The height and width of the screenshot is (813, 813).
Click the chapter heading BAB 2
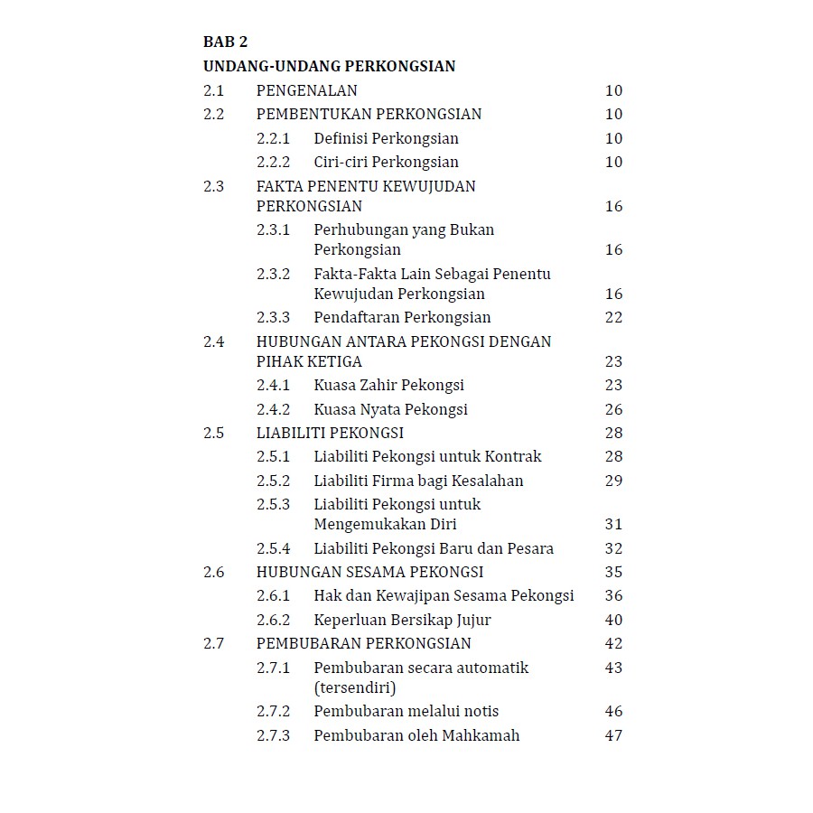click(225, 42)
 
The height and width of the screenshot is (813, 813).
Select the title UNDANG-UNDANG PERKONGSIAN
click(329, 66)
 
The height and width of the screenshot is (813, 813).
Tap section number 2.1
click(213, 90)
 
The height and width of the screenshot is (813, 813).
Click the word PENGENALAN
click(306, 90)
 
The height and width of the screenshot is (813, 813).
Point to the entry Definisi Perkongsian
click(386, 138)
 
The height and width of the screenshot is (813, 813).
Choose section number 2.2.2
click(273, 163)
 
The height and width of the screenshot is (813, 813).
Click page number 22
click(613, 318)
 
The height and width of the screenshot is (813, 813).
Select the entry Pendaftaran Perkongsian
click(402, 318)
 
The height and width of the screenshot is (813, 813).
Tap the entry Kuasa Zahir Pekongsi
click(388, 385)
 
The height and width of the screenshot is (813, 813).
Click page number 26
click(613, 409)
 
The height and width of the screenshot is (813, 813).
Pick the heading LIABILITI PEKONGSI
click(330, 433)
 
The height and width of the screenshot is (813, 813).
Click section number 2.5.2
click(273, 481)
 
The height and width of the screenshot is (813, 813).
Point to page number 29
click(613, 481)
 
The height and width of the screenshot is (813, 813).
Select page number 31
click(613, 524)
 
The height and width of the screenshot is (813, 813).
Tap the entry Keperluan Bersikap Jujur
click(402, 620)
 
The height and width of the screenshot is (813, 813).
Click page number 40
click(613, 620)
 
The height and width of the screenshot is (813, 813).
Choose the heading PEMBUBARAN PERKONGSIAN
click(363, 643)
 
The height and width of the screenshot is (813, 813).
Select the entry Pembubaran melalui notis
click(406, 712)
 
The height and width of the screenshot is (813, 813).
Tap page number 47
click(613, 735)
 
